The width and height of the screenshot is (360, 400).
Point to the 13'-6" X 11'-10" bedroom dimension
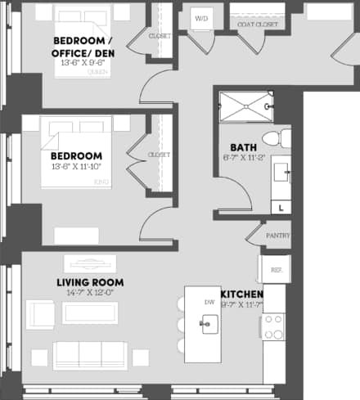click(76, 168)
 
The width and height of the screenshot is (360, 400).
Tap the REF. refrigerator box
click(272, 269)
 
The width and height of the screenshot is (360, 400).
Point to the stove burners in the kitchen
click(272, 327)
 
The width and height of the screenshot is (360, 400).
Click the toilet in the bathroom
click(272, 137)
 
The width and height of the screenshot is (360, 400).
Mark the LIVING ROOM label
click(89, 283)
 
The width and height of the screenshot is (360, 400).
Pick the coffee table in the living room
click(90, 312)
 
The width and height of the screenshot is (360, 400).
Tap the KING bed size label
click(101, 181)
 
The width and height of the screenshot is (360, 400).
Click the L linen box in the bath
click(281, 208)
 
